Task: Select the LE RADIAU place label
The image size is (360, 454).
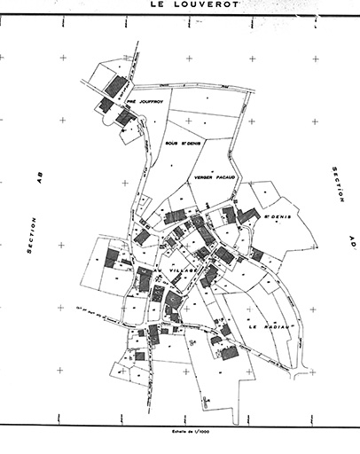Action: tap(264, 326)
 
